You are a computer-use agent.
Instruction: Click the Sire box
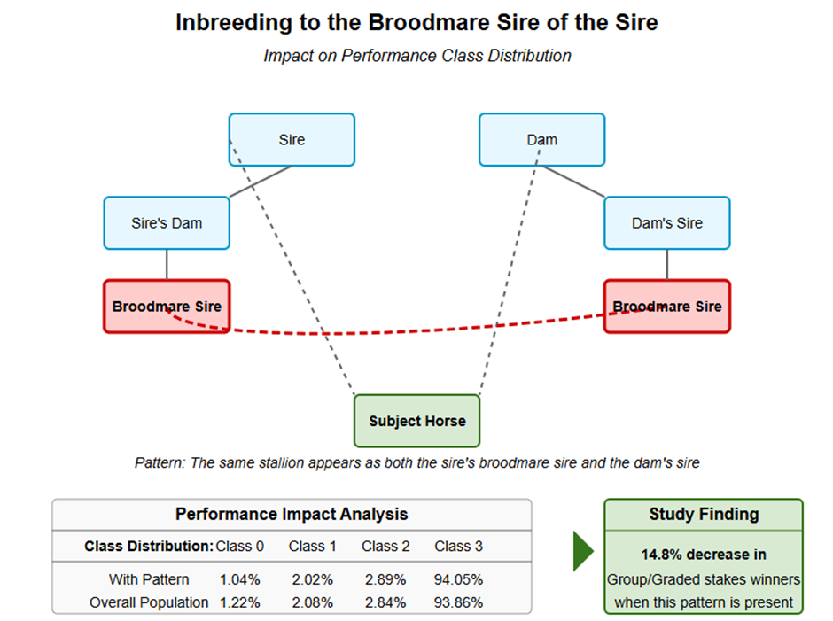click(292, 140)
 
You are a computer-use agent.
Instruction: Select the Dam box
click(541, 140)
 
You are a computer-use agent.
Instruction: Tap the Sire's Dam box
click(167, 223)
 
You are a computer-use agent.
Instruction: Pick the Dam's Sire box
click(667, 223)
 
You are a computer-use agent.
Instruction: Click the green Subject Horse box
click(417, 421)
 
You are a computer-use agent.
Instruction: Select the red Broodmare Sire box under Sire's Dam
click(167, 307)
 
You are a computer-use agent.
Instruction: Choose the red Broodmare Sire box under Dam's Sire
click(667, 307)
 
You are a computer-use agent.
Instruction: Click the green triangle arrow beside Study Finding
click(583, 551)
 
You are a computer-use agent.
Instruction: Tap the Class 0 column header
click(239, 546)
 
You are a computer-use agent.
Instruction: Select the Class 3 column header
click(458, 546)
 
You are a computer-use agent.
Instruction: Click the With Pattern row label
click(149, 579)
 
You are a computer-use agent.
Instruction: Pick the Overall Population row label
click(149, 602)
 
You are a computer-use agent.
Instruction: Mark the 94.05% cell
click(458, 579)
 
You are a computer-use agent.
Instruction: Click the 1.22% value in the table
click(239, 602)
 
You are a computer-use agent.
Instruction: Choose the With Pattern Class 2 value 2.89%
click(385, 579)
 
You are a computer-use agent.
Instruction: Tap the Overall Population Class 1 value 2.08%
click(312, 602)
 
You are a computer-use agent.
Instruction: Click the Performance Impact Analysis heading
click(292, 514)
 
